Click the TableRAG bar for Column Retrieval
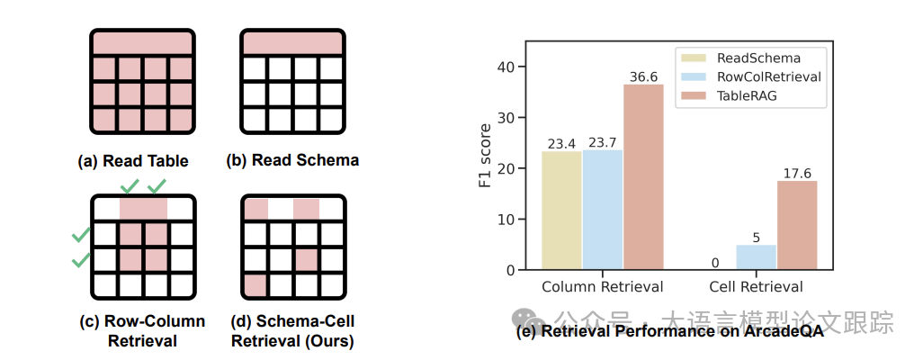pos(643,176)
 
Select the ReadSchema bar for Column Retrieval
pos(561,210)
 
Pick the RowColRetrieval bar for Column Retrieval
pos(602,209)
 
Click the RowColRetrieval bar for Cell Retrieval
pos(757,256)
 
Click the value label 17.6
pos(797,174)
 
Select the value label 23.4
pos(561,144)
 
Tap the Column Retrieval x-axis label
pos(602,286)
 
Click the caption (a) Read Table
pos(134,161)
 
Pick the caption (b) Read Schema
pos(292,160)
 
